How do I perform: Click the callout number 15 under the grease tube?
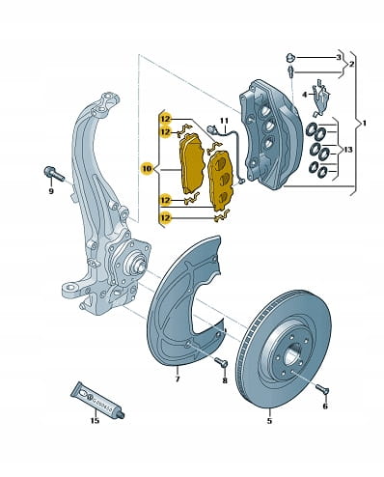tap(95, 420)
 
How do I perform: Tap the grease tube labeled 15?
tap(97, 399)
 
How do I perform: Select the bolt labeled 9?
tap(54, 174)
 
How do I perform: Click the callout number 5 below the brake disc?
tap(269, 420)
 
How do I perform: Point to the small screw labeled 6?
tap(322, 389)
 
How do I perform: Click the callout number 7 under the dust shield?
tap(178, 379)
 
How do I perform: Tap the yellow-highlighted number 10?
tap(147, 168)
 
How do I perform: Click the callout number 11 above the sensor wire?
tap(224, 121)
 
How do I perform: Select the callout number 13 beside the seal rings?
tap(348, 150)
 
